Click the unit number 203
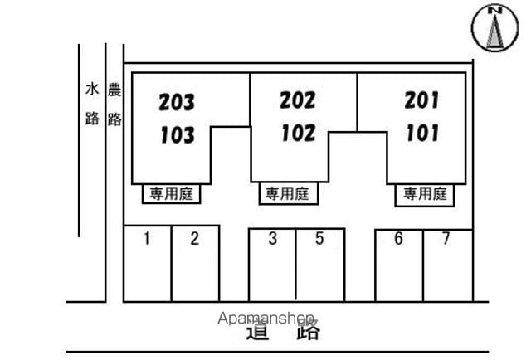click(x=177, y=102)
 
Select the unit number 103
click(x=178, y=134)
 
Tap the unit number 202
click(x=297, y=100)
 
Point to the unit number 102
click(x=299, y=133)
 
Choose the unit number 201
click(x=421, y=100)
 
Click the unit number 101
click(x=422, y=133)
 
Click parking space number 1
click(x=147, y=238)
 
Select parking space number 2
click(x=194, y=238)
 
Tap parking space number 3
click(x=273, y=238)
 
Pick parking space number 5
click(x=319, y=238)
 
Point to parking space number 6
click(x=398, y=238)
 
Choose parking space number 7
click(x=446, y=238)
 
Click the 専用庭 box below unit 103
click(x=172, y=194)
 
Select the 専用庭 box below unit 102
click(x=289, y=194)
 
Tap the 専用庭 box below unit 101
click(x=425, y=195)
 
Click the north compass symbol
click(x=494, y=27)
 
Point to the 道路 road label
click(x=283, y=330)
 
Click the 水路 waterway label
click(x=92, y=104)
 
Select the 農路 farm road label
click(x=114, y=105)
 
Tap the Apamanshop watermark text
click(x=265, y=319)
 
